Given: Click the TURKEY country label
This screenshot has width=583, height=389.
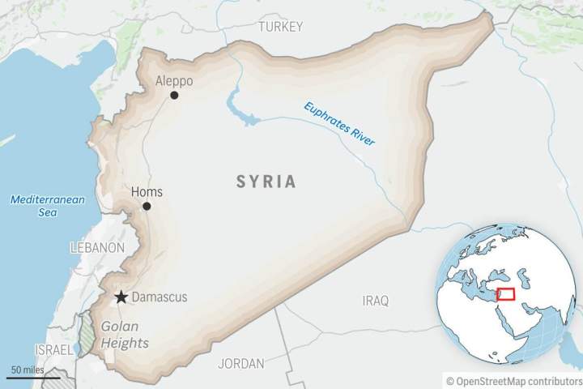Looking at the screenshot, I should (280, 27).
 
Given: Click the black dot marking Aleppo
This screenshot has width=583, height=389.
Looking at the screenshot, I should (174, 96).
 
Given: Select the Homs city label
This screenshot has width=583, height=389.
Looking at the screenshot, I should (147, 192).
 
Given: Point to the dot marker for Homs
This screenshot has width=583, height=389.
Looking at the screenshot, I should (147, 206).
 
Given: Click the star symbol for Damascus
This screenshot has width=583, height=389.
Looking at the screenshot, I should (121, 297).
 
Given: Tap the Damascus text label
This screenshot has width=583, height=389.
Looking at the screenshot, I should (159, 297).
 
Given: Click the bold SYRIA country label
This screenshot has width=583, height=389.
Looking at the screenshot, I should (266, 182).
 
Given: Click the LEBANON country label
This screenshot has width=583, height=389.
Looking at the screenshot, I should (97, 247).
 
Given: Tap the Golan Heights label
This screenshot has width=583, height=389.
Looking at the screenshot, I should (125, 335).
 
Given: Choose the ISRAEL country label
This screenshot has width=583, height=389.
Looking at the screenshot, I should (53, 348).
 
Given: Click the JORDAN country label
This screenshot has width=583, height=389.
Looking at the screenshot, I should (240, 363).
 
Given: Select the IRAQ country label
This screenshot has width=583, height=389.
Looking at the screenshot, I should (375, 301).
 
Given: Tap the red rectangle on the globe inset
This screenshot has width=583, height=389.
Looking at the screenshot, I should (507, 294).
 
